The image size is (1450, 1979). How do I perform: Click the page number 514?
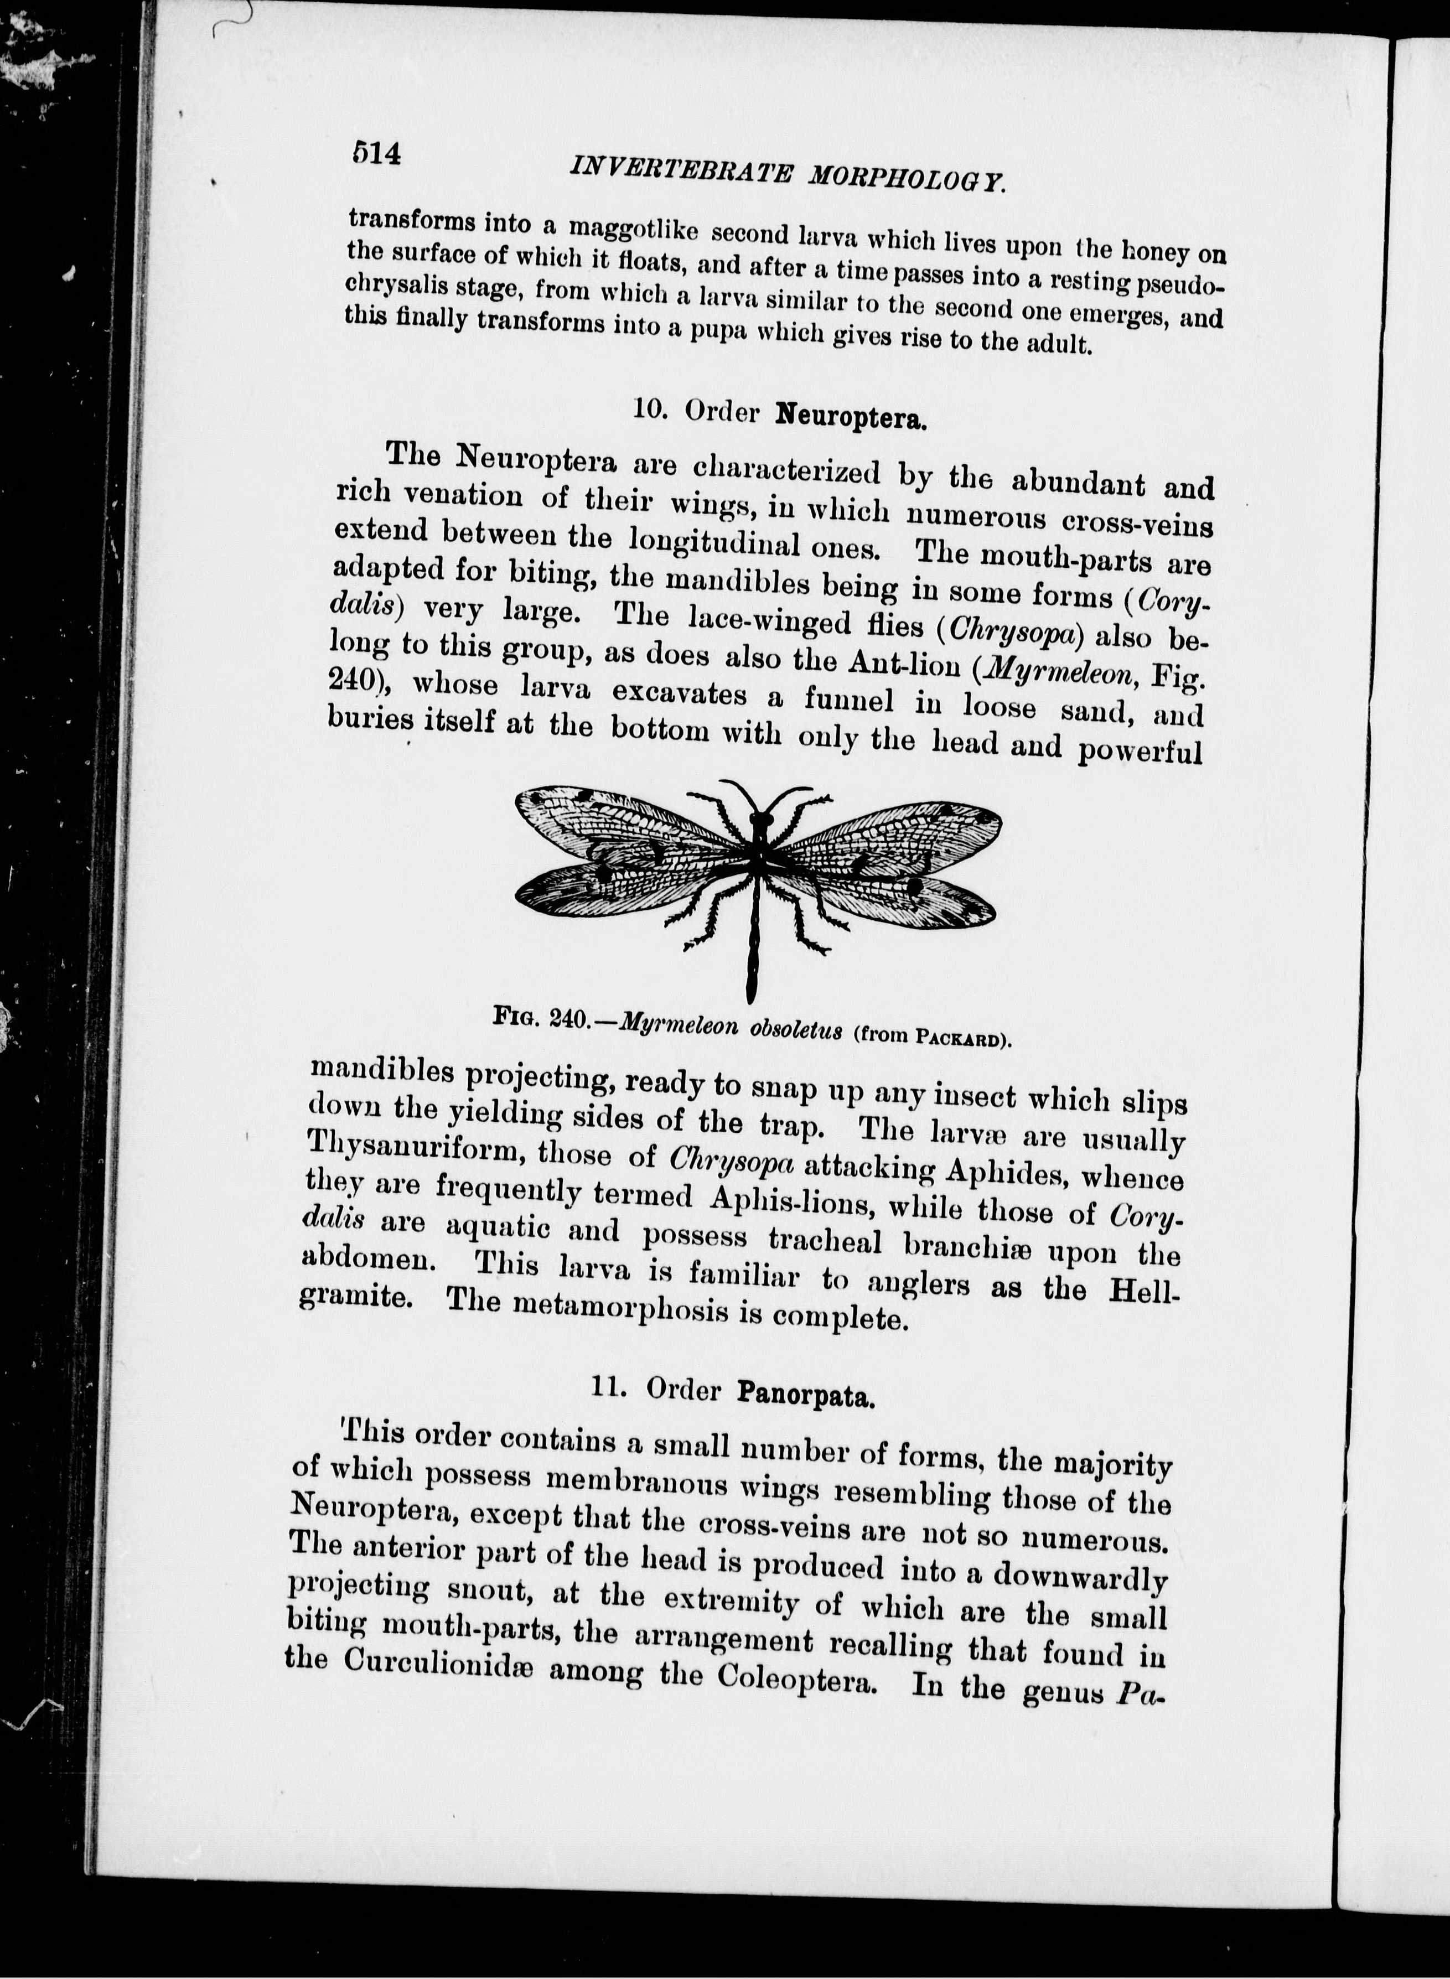[376, 154]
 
